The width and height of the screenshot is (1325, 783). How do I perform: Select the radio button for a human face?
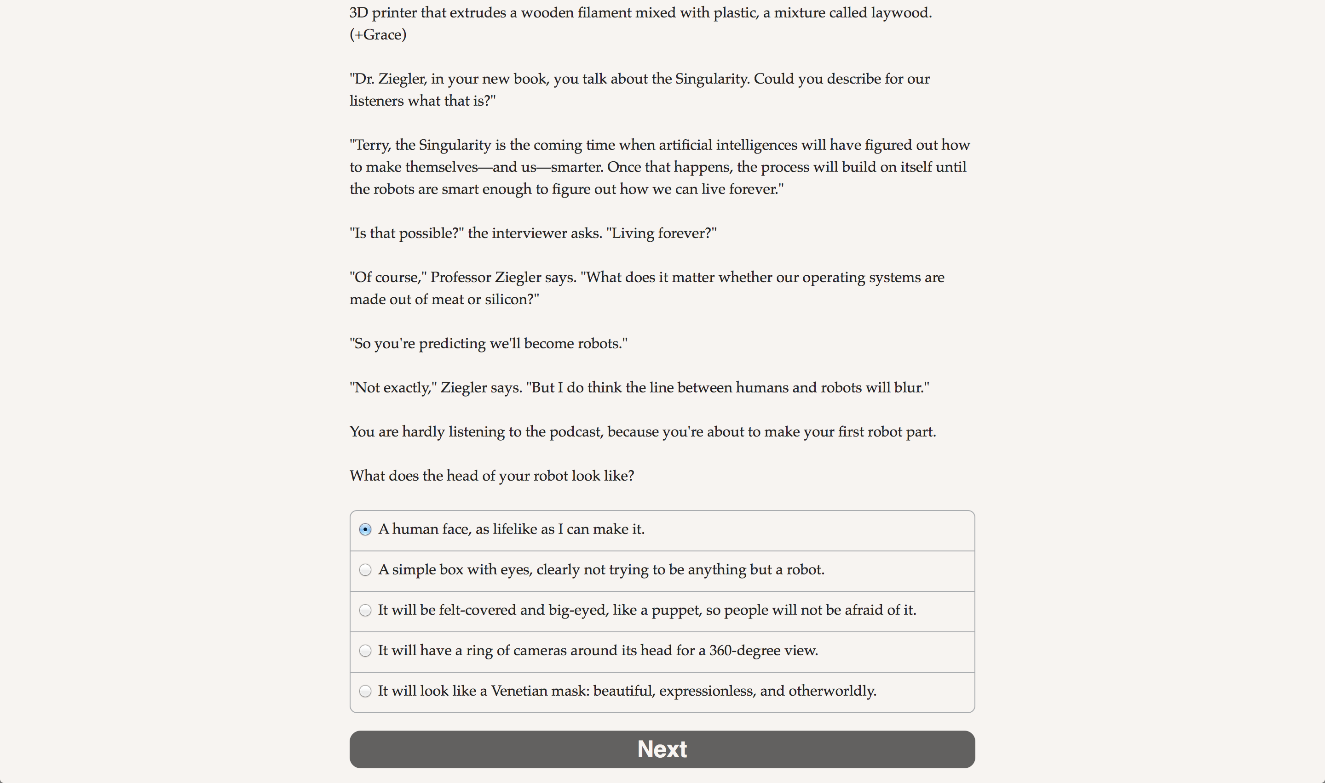(365, 529)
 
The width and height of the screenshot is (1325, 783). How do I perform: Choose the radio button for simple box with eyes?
(365, 570)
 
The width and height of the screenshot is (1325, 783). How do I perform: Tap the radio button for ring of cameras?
(365, 651)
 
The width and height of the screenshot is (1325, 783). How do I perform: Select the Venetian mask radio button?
(365, 691)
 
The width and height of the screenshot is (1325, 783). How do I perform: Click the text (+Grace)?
(378, 35)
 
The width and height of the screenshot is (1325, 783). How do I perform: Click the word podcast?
(575, 431)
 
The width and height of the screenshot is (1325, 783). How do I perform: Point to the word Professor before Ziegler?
(461, 278)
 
